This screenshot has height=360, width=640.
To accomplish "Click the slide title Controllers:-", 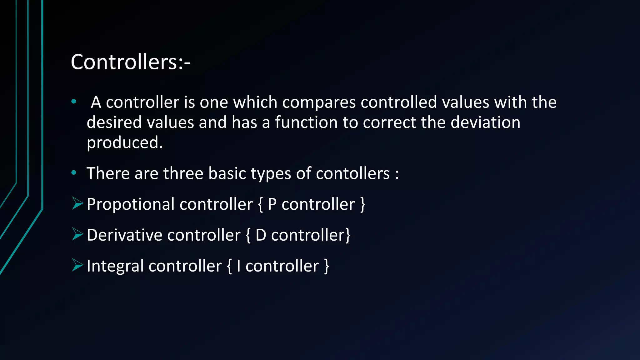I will tap(130, 62).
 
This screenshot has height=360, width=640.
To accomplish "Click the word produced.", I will tap(125, 143).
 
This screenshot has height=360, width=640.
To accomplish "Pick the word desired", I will tap(114, 122).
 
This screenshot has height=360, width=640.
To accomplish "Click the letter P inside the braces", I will tap(272, 204).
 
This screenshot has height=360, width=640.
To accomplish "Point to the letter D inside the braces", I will tap(261, 235).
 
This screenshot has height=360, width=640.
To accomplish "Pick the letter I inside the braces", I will tap(238, 266).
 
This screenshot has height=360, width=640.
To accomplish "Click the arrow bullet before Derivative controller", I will tap(77, 234).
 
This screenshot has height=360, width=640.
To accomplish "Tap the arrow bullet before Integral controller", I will tap(77, 265).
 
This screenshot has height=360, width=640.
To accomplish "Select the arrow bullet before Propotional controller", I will tap(77, 203).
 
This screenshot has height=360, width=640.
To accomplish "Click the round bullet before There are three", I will tap(74, 172).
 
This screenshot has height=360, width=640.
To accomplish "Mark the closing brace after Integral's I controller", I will tap(327, 266).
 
